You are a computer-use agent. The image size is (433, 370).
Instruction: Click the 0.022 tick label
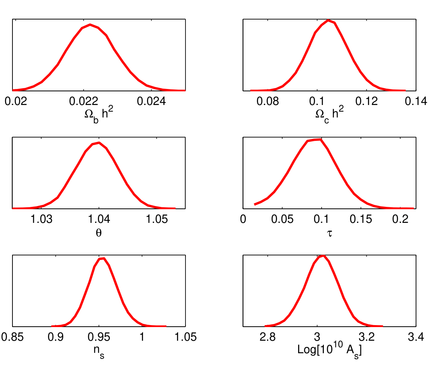pyautogui.click(x=87, y=102)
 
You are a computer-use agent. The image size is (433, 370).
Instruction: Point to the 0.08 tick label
pyautogui.click(x=268, y=102)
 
